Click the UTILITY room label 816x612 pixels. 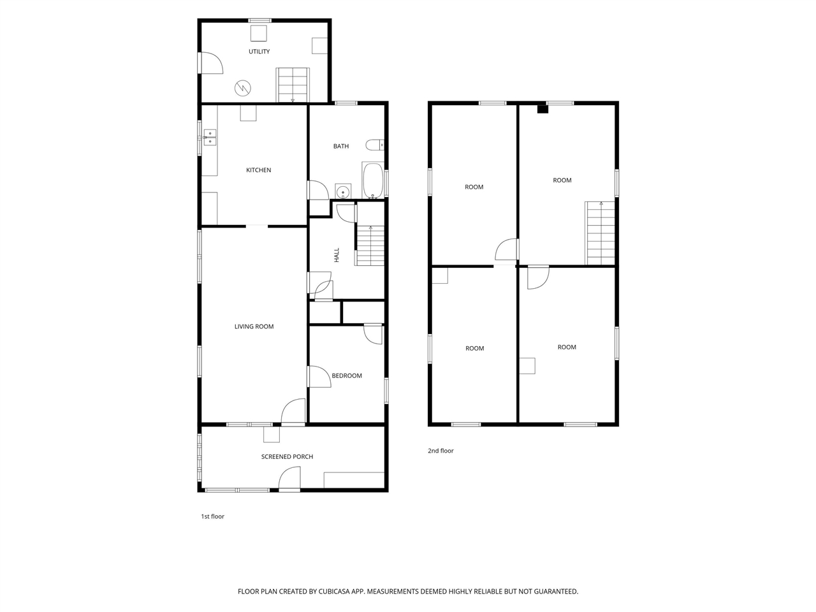point(259,52)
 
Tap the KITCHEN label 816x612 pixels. point(258,170)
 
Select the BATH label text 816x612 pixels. point(341,147)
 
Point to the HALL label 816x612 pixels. point(337,255)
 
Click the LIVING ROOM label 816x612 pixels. point(254,326)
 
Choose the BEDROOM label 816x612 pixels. point(347,375)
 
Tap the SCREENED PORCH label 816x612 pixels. point(287,456)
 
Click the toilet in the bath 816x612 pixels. point(375,145)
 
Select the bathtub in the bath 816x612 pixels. point(372,180)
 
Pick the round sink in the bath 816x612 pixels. point(343,192)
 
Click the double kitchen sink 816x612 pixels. point(210,137)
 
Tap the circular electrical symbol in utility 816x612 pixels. point(243,88)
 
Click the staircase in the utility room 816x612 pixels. point(293,85)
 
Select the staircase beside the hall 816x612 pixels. point(370,245)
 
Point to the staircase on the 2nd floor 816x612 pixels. point(601,233)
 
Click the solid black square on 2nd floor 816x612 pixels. point(543,109)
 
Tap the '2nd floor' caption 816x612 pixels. point(441,451)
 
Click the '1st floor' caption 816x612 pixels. point(213,516)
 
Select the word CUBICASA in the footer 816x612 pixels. point(334,592)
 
